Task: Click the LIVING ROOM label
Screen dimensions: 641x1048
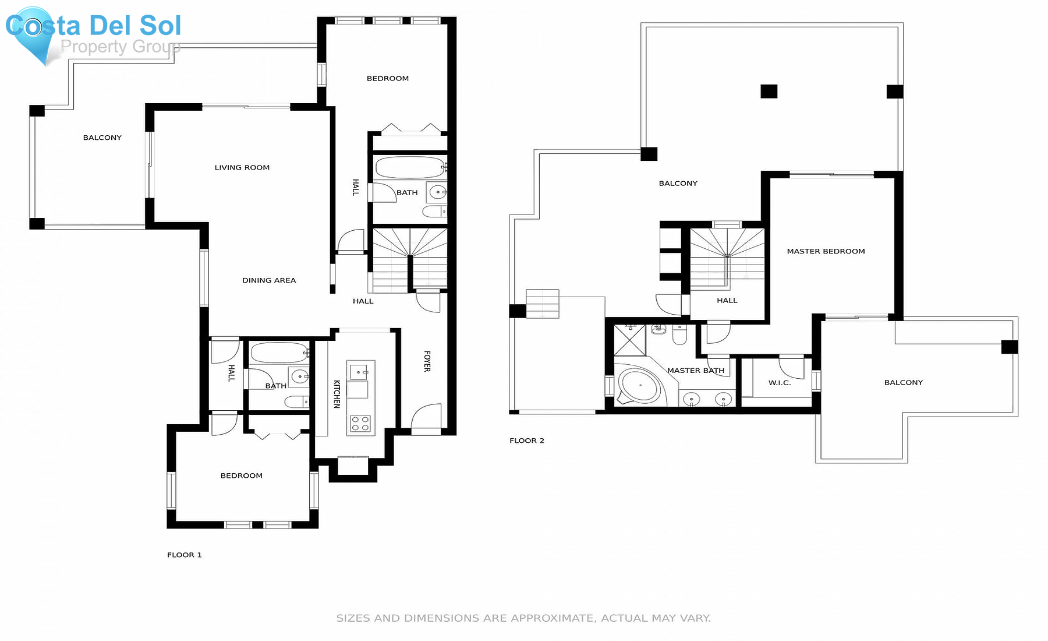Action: tap(242, 167)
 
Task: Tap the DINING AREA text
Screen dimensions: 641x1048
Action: tap(268, 280)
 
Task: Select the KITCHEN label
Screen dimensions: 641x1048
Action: tap(337, 394)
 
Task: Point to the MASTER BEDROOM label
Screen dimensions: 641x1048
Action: tap(826, 251)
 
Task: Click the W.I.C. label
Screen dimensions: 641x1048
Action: tap(779, 383)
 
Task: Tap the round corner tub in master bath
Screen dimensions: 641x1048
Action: tap(639, 385)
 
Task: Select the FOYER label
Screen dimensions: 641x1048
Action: tap(427, 361)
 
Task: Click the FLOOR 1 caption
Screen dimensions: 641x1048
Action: tap(184, 555)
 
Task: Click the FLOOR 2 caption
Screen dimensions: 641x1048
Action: tap(526, 441)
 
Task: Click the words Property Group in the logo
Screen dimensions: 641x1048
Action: tap(120, 47)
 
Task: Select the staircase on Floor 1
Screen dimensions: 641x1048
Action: tap(409, 260)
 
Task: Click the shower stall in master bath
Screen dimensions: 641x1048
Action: tap(630, 340)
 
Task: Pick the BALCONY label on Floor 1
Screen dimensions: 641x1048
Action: tap(102, 138)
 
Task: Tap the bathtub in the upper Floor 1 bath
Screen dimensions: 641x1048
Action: tap(409, 168)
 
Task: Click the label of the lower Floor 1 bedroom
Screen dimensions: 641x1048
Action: tap(241, 476)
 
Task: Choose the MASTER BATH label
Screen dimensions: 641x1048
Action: tap(695, 371)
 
